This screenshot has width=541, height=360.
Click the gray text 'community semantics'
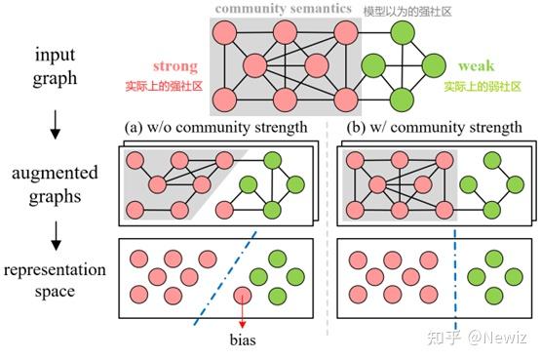click(x=284, y=10)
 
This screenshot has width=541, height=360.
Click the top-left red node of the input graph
click(x=224, y=34)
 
